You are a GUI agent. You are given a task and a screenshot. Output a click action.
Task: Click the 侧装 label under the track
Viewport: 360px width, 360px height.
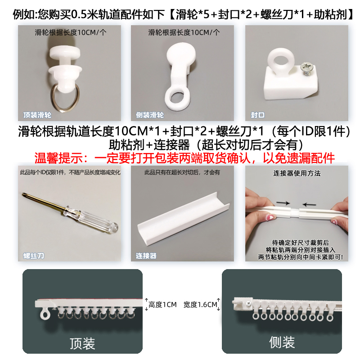click(282, 342)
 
